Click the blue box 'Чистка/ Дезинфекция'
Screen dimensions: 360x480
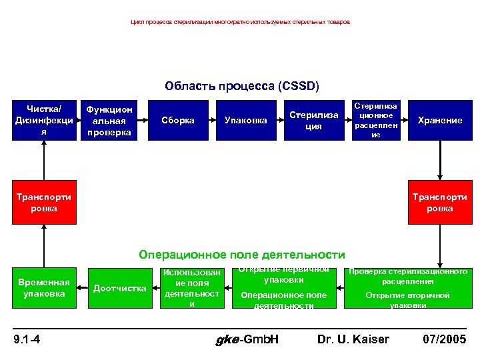44,120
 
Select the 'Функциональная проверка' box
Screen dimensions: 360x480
110,120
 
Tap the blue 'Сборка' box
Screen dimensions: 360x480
178,120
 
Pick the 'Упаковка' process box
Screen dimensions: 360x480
245,120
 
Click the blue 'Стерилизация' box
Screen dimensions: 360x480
313,120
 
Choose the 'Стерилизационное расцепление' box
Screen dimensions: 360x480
376,120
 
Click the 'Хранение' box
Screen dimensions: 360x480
439,120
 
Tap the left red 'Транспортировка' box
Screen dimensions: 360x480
44,202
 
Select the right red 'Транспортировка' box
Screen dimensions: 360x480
439,202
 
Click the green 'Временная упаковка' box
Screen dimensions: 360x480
44,288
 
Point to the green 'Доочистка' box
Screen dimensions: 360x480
120,288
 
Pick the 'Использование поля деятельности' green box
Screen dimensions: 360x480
192,288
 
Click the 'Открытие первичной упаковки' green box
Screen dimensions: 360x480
283,288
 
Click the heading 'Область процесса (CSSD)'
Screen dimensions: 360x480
242,87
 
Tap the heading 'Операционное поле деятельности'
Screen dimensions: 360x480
242,255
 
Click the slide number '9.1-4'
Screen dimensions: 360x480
27,340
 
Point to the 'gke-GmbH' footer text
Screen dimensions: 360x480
248,340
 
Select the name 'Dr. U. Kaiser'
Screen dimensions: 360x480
353,340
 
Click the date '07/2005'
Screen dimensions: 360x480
445,340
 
